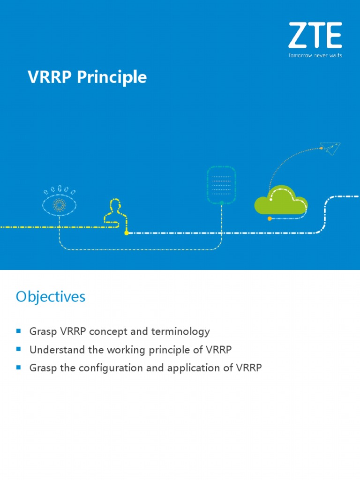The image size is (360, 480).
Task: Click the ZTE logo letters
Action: pyautogui.click(x=315, y=36)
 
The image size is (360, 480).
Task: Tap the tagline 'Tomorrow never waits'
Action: pyautogui.click(x=315, y=55)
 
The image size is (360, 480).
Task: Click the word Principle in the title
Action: pyautogui.click(x=112, y=77)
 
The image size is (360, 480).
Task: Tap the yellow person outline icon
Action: pyautogui.click(x=114, y=212)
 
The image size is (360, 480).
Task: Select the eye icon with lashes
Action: pyautogui.click(x=60, y=202)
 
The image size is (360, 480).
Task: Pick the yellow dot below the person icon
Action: pyautogui.click(x=126, y=232)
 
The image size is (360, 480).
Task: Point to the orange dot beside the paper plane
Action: pyautogui.click(x=322, y=148)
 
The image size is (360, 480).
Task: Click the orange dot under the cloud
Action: pyautogui.click(x=270, y=218)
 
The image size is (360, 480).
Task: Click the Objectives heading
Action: pyautogui.click(x=51, y=297)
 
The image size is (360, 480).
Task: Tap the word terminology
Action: pyautogui.click(x=180, y=332)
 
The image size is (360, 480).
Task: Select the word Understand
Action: pyautogui.click(x=55, y=350)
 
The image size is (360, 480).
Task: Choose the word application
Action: pyautogui.click(x=193, y=368)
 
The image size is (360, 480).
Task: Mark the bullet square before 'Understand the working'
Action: pyautogui.click(x=19, y=349)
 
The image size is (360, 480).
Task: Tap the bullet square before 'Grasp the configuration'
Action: pyautogui.click(x=19, y=367)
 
